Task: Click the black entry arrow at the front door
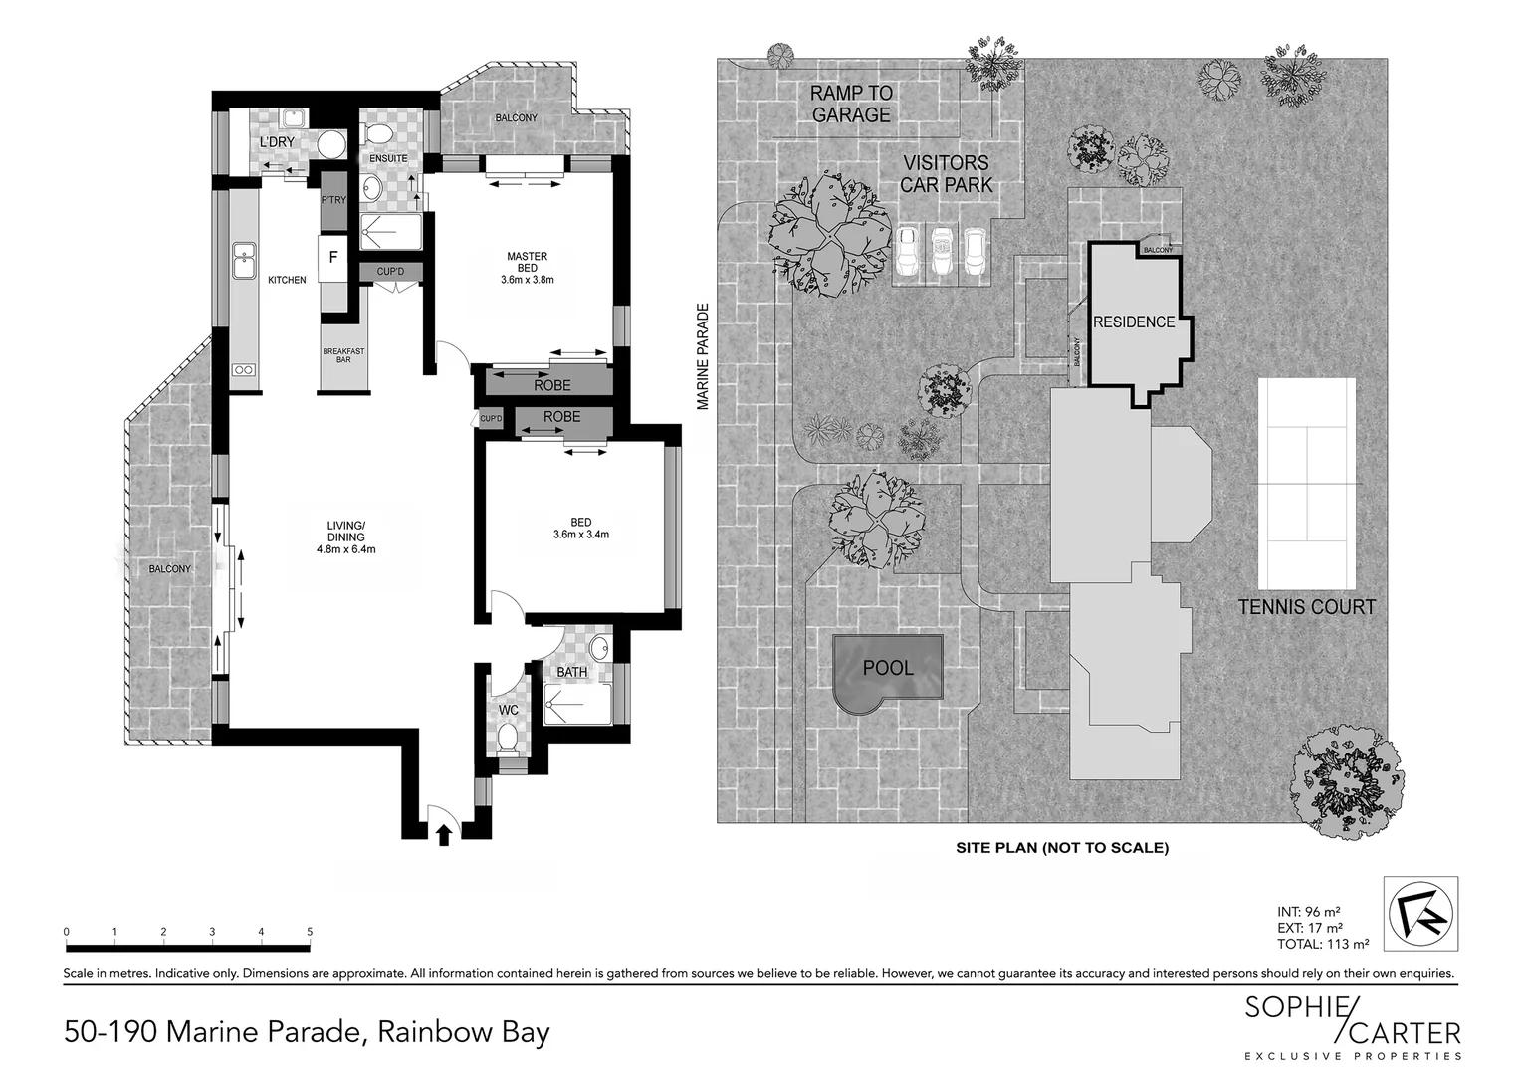point(444,833)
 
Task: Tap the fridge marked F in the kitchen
point(333,257)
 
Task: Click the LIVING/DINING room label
point(345,537)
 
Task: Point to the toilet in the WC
point(508,738)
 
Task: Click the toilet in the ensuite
point(378,133)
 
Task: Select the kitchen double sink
point(242,261)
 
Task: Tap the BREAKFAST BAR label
point(343,355)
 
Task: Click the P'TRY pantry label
point(333,200)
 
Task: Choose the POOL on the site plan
point(887,668)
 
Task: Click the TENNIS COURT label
point(1306,607)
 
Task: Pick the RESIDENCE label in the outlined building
point(1134,322)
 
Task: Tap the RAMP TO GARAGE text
point(851,104)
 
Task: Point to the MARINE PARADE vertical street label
point(703,356)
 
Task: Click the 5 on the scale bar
point(310,932)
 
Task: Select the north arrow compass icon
point(1420,913)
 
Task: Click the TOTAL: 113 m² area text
point(1322,944)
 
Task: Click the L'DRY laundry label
point(277,142)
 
